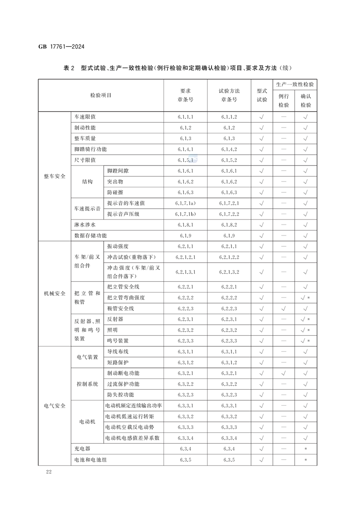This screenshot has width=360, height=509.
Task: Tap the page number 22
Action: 49,472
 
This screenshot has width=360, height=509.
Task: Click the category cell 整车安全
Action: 54,176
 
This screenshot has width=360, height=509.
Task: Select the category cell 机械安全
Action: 54,293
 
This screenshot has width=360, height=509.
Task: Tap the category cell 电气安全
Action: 54,406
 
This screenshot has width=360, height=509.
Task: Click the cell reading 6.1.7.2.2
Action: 229,214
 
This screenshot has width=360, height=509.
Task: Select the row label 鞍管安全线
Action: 121,308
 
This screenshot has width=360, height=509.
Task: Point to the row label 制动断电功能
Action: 123,373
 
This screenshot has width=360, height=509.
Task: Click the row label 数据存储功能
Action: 90,235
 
